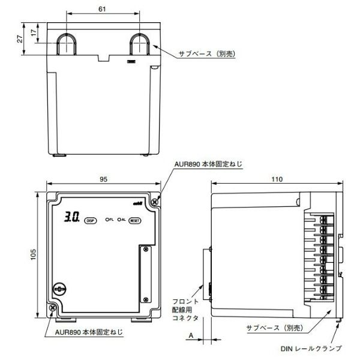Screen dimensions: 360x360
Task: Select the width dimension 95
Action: [x=103, y=179]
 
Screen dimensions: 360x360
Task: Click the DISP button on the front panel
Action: [x=91, y=220]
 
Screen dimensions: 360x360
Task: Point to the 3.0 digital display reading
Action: [x=71, y=219]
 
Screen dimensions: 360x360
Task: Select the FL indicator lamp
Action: [x=110, y=220]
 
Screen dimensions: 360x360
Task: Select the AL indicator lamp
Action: [x=122, y=220]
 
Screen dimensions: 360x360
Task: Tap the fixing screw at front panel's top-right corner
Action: [x=155, y=203]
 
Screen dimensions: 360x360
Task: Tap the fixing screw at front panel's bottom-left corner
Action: [x=53, y=307]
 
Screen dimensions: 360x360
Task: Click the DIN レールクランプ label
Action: [x=311, y=347]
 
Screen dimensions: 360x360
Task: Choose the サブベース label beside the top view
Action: [x=207, y=54]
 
